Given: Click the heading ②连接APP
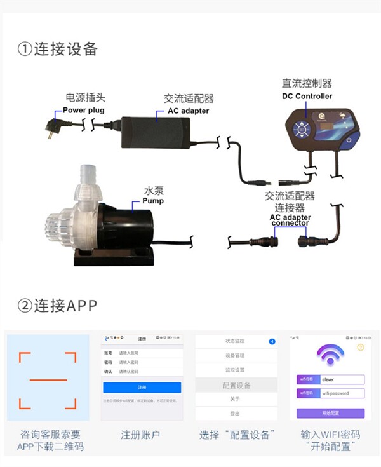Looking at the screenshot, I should coord(58,305).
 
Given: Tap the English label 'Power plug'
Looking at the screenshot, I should coord(84,110).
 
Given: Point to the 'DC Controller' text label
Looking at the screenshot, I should coord(307,96).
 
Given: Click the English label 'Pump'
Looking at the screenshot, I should coord(152,201).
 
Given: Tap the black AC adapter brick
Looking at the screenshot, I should coord(155,132).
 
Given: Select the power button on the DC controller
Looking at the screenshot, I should coord(348,139).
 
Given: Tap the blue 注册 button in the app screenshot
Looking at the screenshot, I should coord(142,387).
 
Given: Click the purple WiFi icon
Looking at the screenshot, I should coord(330,357).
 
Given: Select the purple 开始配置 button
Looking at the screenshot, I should coord(331,413).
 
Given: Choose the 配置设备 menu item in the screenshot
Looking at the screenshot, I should coord(236,385).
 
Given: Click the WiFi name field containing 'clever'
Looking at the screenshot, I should coord(342,379).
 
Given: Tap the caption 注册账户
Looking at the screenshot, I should coord(140,435).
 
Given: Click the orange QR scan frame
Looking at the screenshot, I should coord(48,379).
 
